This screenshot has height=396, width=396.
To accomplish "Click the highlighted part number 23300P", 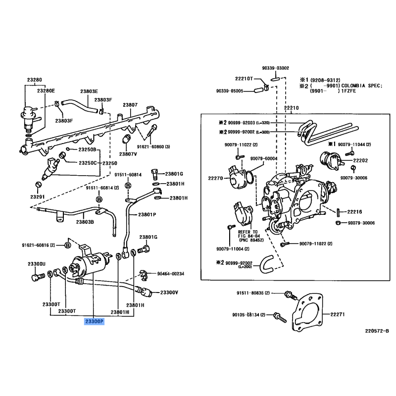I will tap(94, 322).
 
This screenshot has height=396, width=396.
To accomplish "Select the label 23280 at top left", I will tap(34, 79).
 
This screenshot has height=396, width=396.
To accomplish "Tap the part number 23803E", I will tap(90, 92).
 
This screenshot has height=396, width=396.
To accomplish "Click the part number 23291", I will tap(37, 197).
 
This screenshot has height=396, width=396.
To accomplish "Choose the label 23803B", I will tap(86, 222).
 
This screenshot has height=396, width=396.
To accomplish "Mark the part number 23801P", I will tap(147, 215).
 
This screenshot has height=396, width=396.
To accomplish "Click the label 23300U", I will tap(36, 264).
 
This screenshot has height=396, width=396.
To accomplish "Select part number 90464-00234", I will tap(171, 274).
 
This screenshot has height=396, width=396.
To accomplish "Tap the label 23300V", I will tap(168, 293).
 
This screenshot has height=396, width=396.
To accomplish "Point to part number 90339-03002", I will tap(276, 68).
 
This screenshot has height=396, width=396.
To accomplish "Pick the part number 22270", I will tap(215, 177).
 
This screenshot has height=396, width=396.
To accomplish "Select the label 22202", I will tap(360, 160).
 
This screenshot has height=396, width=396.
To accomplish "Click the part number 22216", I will tap(354, 212).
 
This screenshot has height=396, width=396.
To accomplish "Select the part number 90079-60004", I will tap(264, 158).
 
